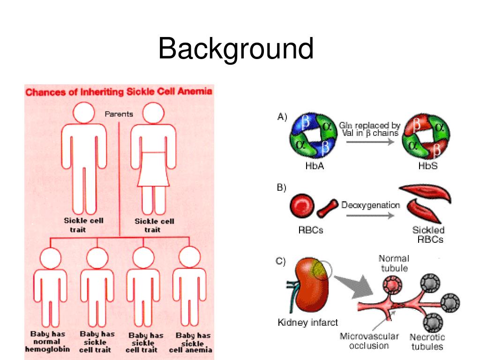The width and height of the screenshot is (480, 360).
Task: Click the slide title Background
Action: click(235, 49)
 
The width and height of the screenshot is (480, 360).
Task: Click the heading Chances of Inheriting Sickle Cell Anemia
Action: click(119, 91)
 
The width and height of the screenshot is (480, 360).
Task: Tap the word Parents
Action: click(119, 114)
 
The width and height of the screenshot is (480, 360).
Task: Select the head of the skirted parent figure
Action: click(153, 113)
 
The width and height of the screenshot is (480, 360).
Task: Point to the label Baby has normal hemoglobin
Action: click(47, 342)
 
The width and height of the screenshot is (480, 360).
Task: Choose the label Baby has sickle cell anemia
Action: click(193, 342)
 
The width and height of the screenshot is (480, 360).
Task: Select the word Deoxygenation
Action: click(370, 205)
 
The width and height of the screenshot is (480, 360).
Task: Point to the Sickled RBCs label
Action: click(428, 234)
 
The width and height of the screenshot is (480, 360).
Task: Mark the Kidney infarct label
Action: click(307, 322)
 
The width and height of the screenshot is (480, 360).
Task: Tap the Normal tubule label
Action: click(394, 263)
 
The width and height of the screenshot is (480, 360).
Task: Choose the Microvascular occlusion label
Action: click(369, 341)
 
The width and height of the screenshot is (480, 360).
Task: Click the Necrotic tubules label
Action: click(427, 342)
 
